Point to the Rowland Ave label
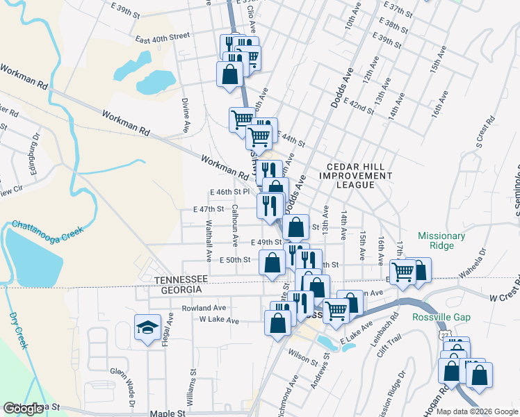(x=204, y=308)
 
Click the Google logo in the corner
(x=23, y=409)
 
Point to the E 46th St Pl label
(x=229, y=191)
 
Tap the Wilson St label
(x=298, y=359)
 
